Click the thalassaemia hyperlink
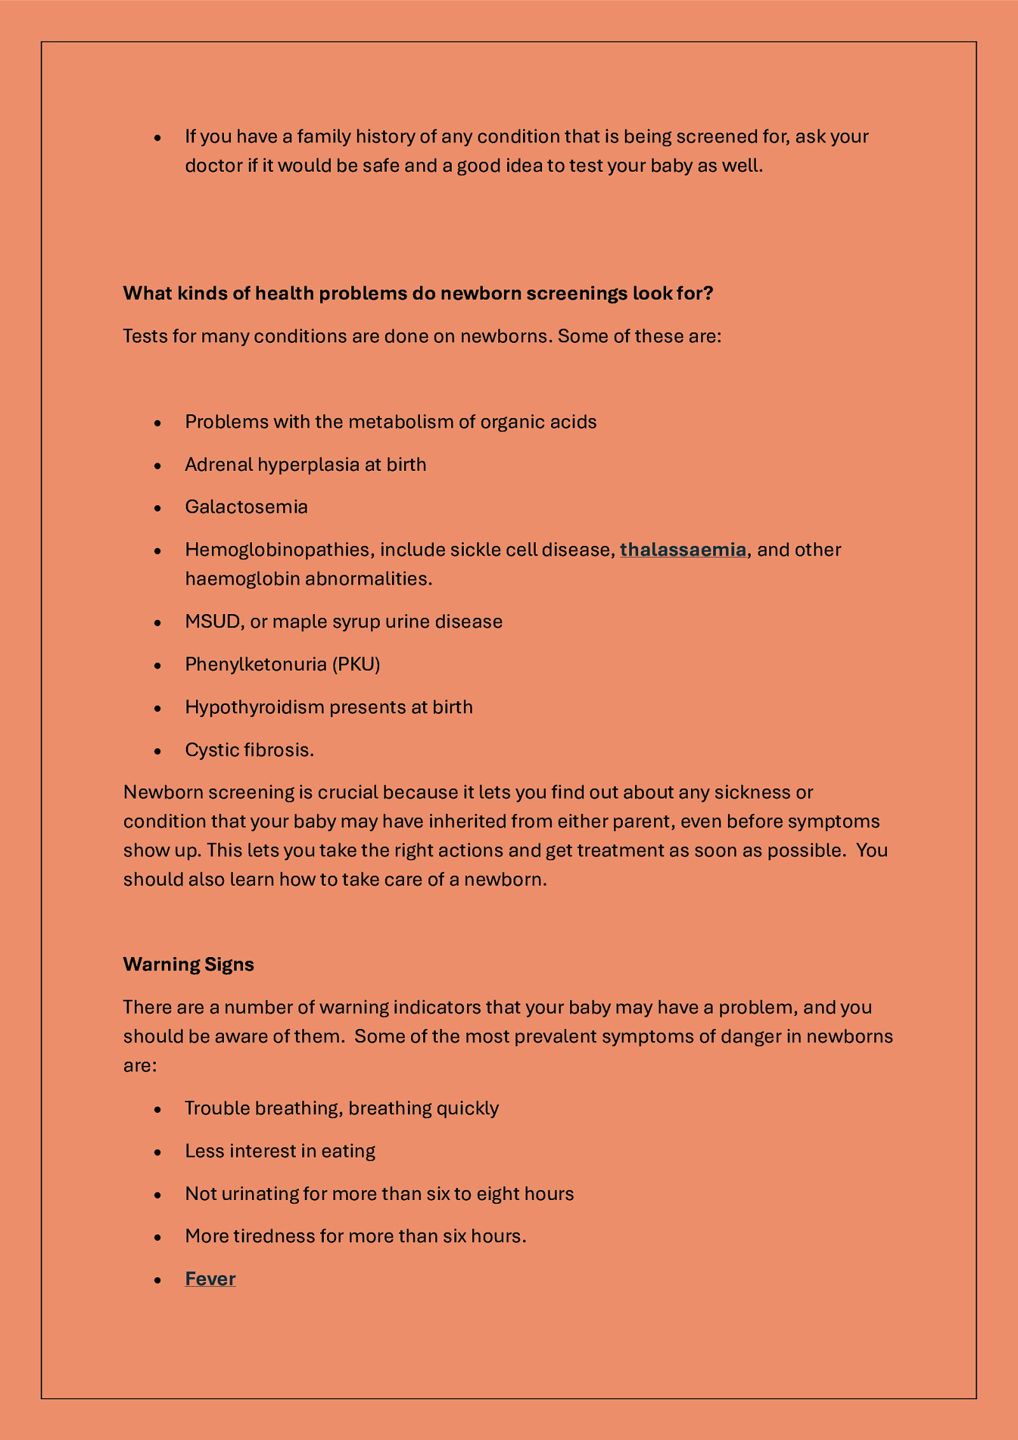[x=683, y=549]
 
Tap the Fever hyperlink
[x=210, y=1278]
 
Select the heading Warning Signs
[x=188, y=964]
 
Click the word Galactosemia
[x=246, y=507]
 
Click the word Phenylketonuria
[x=256, y=664]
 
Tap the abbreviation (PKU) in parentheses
[x=356, y=664]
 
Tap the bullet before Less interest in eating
[x=158, y=1152]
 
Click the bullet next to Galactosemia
[x=158, y=508]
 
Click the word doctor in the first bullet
[x=214, y=165]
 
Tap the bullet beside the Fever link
[x=158, y=1280]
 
